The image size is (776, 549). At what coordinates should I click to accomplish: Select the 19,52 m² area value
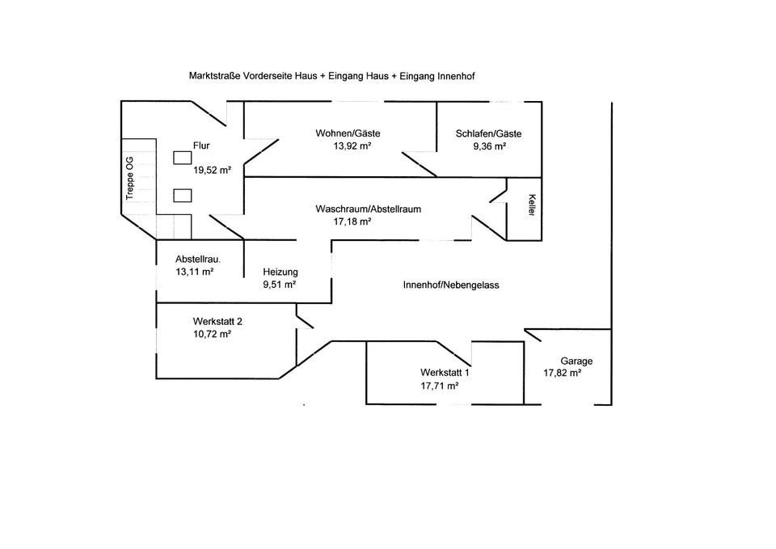212,170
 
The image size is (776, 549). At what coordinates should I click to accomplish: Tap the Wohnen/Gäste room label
348,133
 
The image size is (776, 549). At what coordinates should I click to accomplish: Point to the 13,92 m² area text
352,146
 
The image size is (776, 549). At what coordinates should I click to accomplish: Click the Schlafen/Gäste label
488,133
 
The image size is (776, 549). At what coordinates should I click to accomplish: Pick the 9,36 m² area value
489,146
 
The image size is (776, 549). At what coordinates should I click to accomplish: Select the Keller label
531,205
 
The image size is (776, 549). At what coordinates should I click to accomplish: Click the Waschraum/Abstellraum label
368,209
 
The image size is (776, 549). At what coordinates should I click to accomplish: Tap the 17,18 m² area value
352,222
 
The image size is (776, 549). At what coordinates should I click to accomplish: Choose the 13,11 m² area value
194,272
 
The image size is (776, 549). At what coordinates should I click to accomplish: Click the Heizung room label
280,272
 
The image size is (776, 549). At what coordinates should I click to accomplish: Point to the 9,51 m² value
279,285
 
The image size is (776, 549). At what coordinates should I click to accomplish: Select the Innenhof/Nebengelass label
450,285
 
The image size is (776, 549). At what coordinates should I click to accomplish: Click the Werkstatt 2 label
217,321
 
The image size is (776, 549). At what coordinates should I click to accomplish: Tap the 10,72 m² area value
213,334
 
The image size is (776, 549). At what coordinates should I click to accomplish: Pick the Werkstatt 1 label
445,373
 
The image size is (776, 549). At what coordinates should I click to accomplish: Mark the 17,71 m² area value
440,386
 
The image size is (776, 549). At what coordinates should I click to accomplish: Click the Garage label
576,361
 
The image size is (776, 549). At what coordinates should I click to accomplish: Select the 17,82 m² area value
563,374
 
